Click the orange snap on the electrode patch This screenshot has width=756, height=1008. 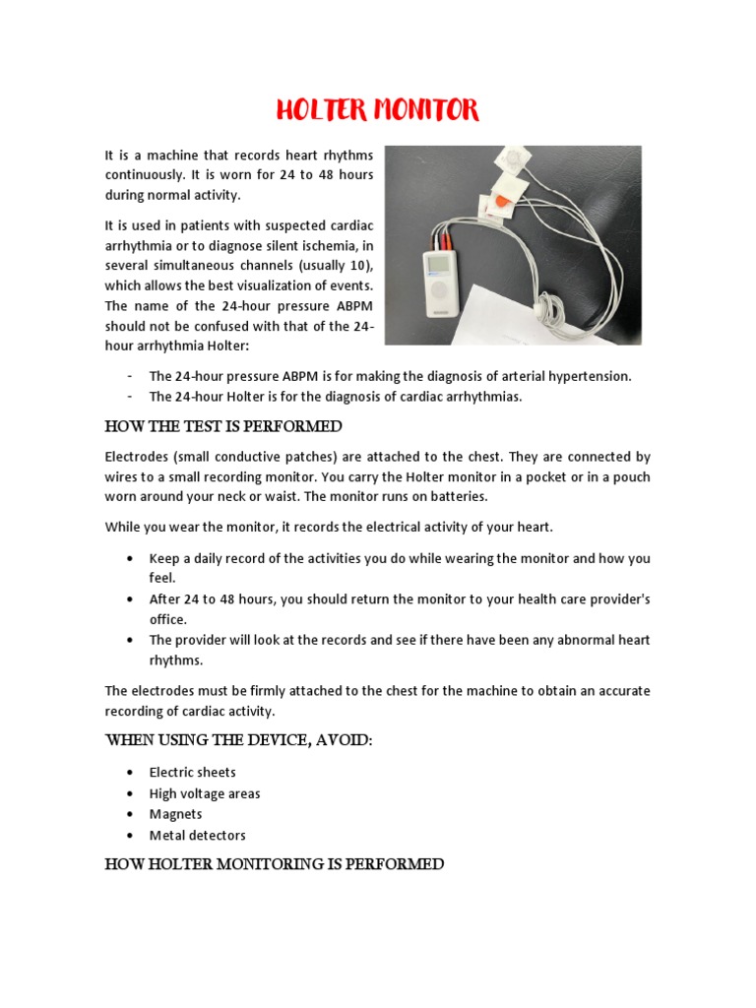499,202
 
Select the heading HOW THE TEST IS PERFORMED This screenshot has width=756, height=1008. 223,426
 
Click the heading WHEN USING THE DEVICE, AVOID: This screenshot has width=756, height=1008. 238,740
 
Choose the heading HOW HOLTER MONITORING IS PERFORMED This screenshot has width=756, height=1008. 275,864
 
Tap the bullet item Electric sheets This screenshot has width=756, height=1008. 192,773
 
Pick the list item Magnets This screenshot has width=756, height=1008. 175,814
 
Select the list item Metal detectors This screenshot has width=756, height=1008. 197,836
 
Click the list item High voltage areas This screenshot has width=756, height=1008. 205,793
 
